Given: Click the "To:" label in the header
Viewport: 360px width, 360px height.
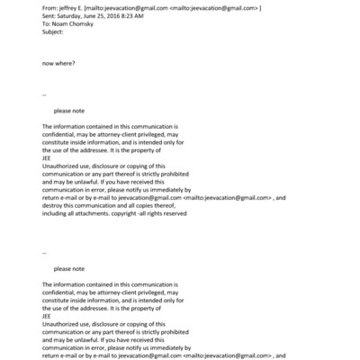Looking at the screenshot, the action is point(47,25).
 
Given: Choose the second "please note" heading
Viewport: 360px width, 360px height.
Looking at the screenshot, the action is point(69,268).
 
